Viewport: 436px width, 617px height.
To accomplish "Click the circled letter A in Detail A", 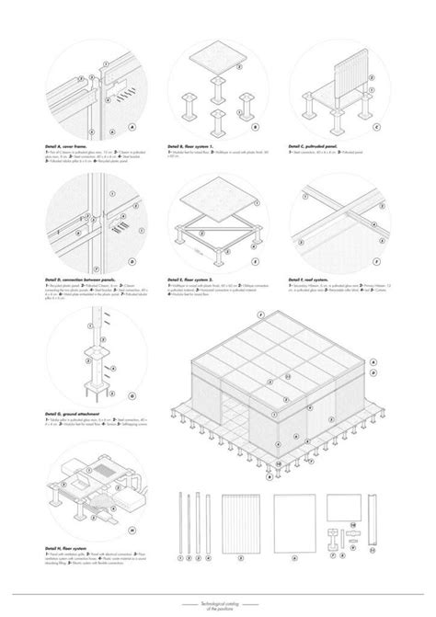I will (132, 127).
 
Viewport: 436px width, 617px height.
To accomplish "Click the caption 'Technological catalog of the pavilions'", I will (218, 600).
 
